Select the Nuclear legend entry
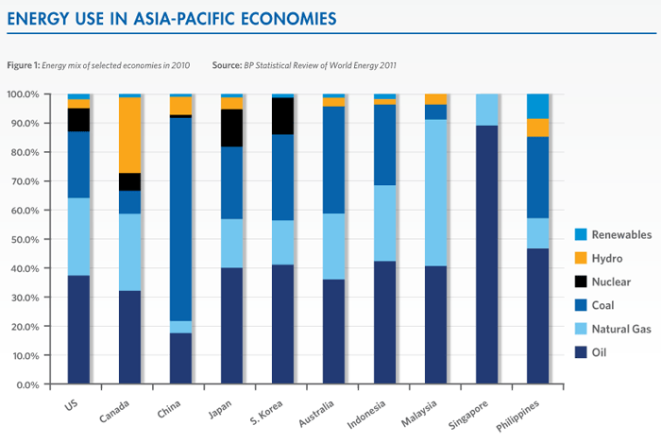pos(584,281)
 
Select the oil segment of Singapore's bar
pos(487,255)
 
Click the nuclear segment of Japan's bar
pos(232,128)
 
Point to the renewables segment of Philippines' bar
pos(537,106)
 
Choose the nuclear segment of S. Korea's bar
pos(283,116)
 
